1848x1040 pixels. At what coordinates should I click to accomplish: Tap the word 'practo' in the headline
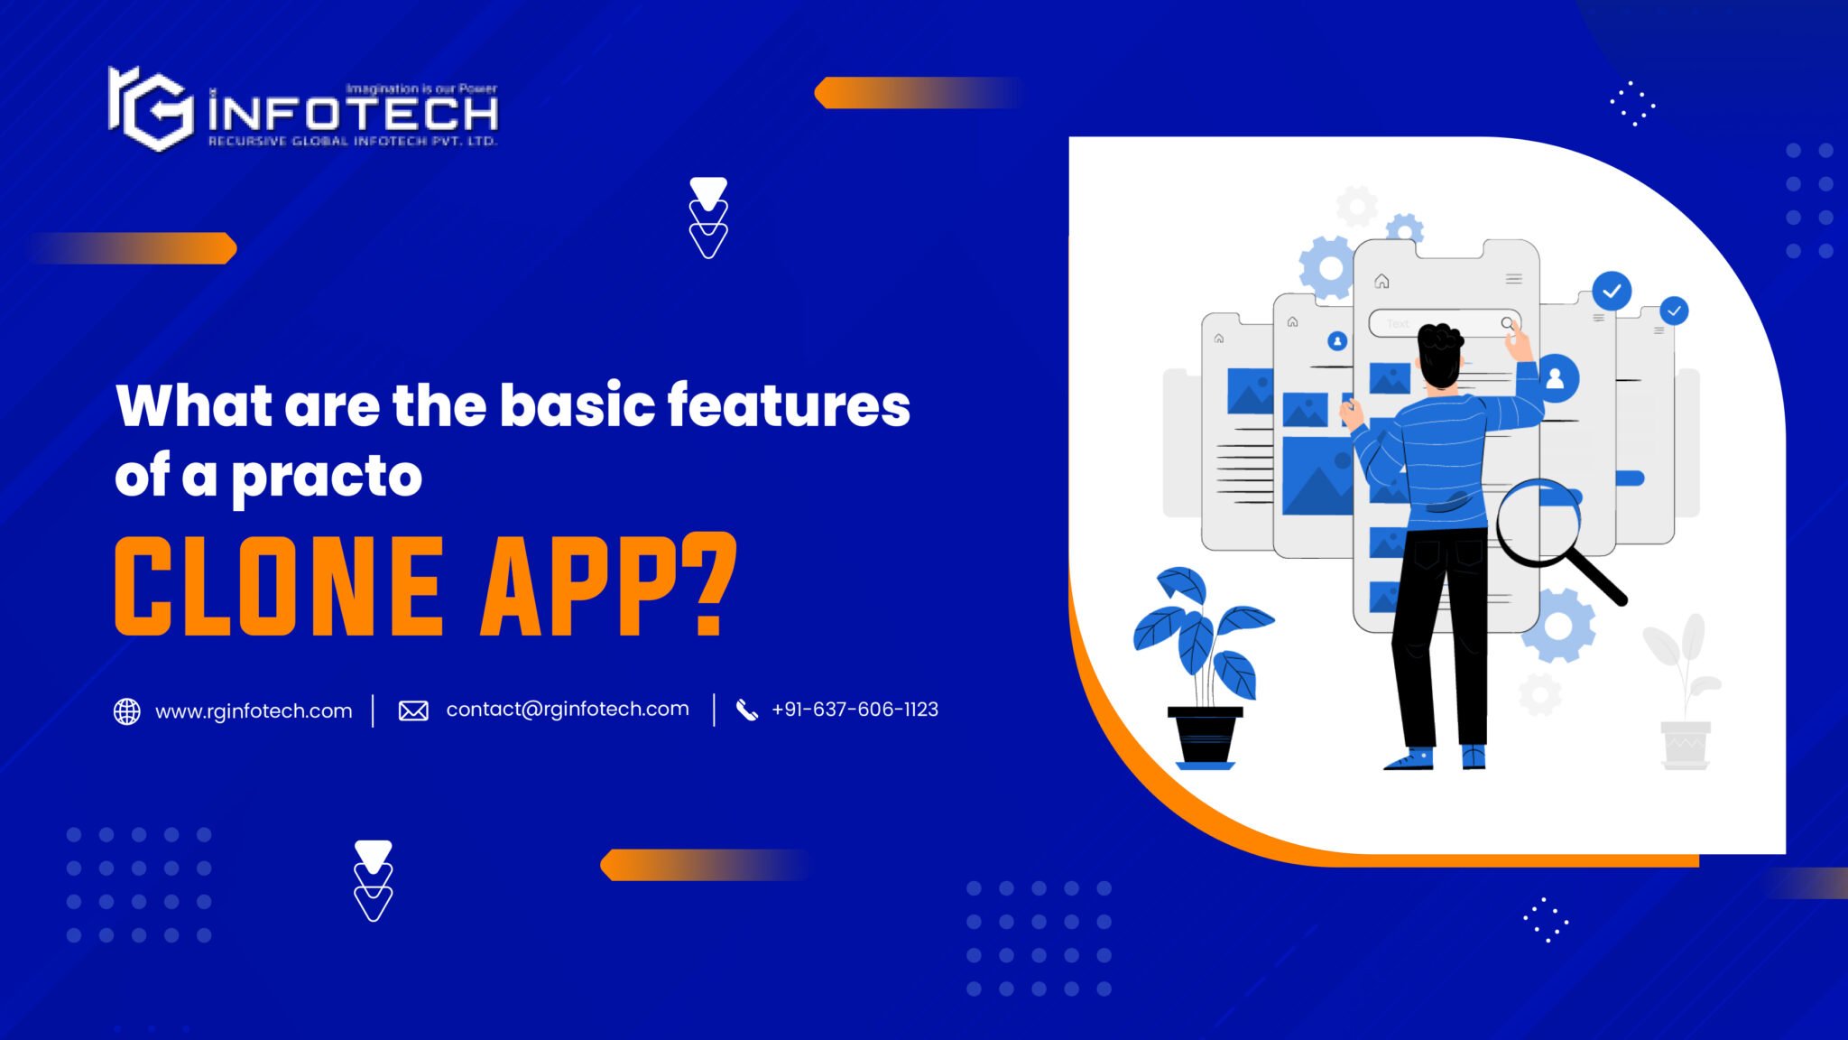click(x=327, y=476)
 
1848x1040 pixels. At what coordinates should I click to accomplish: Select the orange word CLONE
click(x=280, y=586)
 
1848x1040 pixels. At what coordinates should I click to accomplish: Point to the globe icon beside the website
click(x=127, y=711)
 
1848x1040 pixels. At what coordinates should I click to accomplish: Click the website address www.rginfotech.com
click(x=254, y=711)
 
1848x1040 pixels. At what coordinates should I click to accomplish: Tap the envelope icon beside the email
click(x=413, y=711)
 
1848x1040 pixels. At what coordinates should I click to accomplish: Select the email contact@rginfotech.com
click(x=567, y=710)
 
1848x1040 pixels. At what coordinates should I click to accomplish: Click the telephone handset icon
click(x=746, y=710)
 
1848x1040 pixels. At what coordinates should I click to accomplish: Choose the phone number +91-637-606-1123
click(x=855, y=710)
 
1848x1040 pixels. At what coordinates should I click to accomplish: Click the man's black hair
click(x=1440, y=348)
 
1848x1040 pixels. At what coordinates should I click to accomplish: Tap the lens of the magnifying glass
click(x=1539, y=523)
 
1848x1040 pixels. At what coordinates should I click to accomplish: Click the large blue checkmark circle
click(x=1612, y=291)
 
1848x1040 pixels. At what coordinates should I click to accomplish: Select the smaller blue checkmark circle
click(x=1674, y=311)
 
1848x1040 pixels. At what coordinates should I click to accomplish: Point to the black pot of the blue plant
click(x=1205, y=737)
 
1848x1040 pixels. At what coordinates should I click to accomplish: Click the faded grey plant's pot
click(x=1685, y=745)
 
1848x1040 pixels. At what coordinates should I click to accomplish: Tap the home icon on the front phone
click(x=1381, y=281)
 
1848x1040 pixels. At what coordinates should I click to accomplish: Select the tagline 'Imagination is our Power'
click(x=421, y=88)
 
